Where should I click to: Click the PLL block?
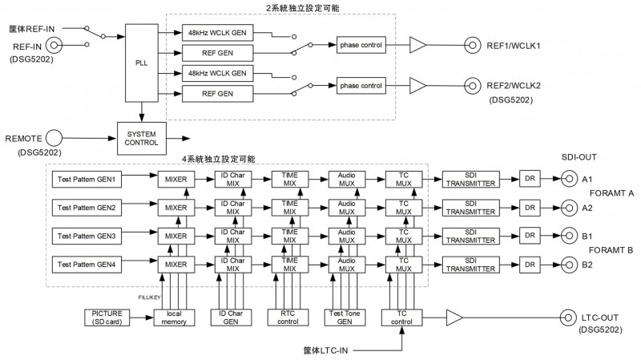[x=142, y=63]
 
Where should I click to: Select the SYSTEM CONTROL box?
[x=142, y=138]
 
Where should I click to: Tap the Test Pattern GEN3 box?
[x=87, y=236]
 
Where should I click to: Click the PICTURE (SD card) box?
[x=107, y=318]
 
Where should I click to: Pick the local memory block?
[x=174, y=318]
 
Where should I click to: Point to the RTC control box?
[x=288, y=318]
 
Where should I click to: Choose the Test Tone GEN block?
[x=345, y=318]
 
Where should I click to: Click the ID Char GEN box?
[x=231, y=318]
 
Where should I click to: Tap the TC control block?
[x=401, y=318]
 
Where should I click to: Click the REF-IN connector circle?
[x=54, y=45]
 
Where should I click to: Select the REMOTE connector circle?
[x=54, y=138]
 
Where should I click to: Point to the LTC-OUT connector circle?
[x=568, y=318]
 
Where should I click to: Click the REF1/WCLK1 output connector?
[x=472, y=45]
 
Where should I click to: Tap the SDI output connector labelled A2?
[x=569, y=208]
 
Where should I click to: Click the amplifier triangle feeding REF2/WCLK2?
[x=417, y=86]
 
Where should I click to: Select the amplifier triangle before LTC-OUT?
[x=454, y=318]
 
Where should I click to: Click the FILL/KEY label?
[x=149, y=297]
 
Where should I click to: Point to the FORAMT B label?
[x=611, y=250]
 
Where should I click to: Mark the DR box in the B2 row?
[x=530, y=265]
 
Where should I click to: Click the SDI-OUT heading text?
[x=579, y=157]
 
